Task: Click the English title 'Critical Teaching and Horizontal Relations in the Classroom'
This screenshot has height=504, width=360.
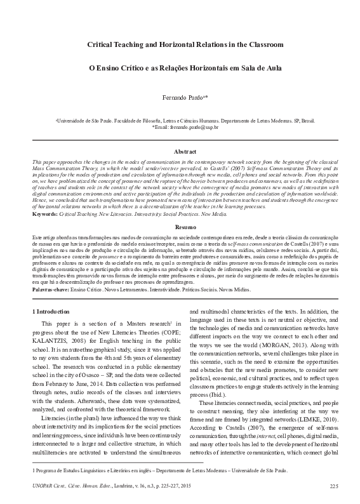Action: coord(180,45)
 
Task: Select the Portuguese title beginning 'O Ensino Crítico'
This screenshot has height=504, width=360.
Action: coord(180,67)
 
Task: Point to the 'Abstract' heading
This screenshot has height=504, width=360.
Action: coord(180,152)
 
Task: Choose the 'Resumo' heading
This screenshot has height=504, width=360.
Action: coord(180,226)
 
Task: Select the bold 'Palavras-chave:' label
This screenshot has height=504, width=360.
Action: coord(50,289)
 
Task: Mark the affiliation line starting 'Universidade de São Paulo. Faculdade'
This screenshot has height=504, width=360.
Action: coord(180,119)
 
